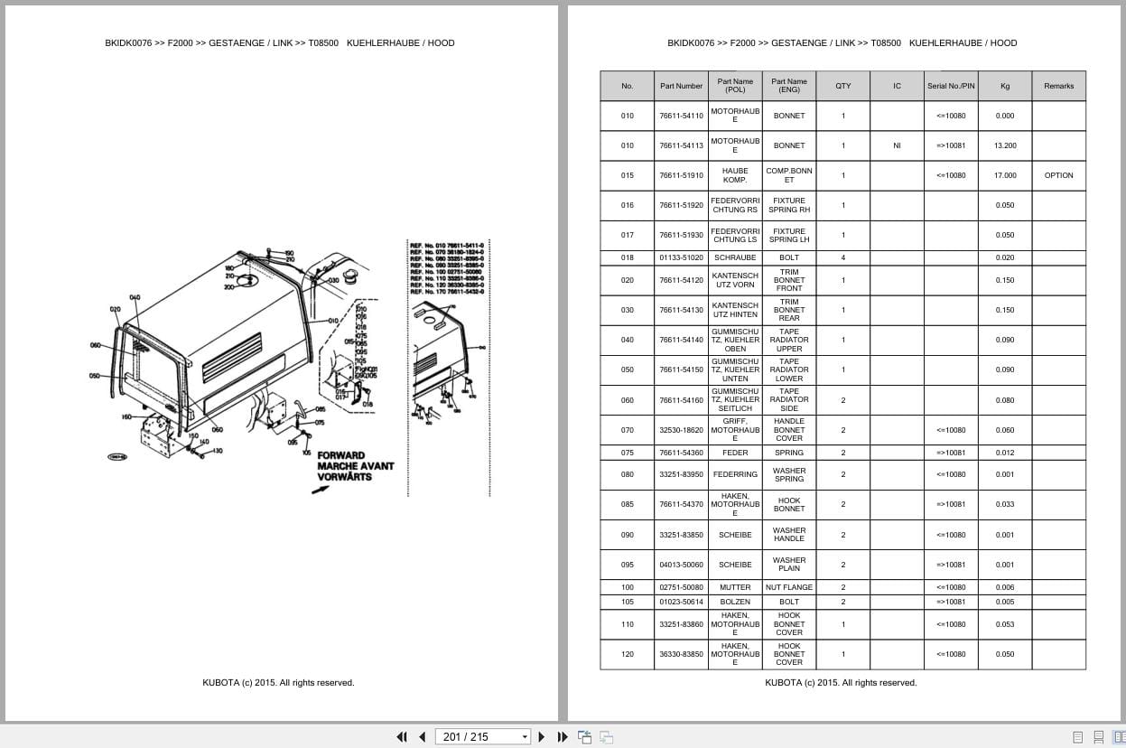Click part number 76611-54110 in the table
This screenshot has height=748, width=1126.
tap(681, 116)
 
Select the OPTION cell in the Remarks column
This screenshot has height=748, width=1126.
tap(1058, 175)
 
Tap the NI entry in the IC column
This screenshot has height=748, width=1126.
tap(897, 145)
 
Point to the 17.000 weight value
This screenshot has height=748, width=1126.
tap(1005, 175)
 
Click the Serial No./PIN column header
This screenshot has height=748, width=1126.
tap(951, 86)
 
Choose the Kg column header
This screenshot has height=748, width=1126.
tap(1005, 86)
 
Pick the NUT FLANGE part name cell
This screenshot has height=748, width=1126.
tap(789, 587)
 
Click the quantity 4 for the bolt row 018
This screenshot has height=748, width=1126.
tap(843, 257)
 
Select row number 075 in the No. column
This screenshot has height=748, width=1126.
tap(628, 453)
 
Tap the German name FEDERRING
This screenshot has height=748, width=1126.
tap(735, 474)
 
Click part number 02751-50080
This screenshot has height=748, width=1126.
tap(681, 587)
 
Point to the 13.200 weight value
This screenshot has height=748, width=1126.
tap(1005, 145)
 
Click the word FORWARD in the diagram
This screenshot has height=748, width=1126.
tap(341, 455)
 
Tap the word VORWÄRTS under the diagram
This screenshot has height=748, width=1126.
tap(344, 477)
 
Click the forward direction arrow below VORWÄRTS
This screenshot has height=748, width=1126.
tap(320, 490)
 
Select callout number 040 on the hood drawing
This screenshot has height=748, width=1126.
tap(135, 297)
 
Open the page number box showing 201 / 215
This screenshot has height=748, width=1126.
tap(482, 736)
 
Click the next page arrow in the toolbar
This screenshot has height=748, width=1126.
tap(542, 736)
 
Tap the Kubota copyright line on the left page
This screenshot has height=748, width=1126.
tap(278, 683)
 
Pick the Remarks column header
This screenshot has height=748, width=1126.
tap(1058, 86)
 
